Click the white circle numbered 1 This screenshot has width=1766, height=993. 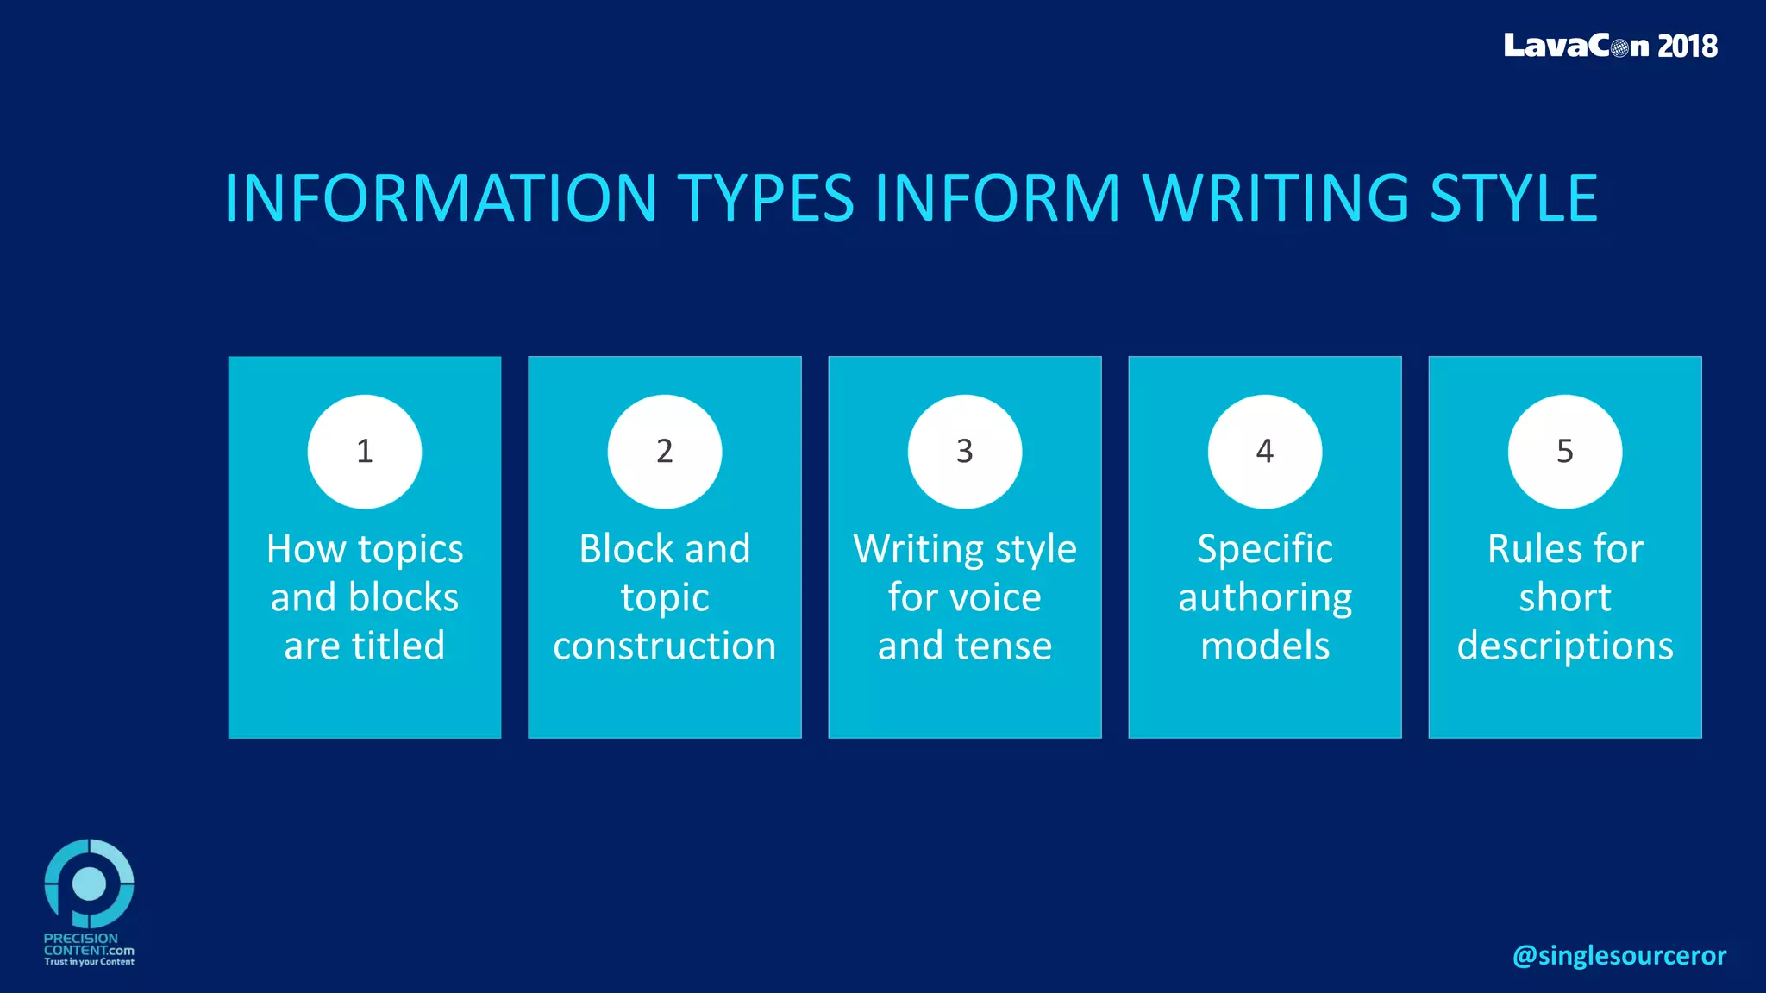click(365, 452)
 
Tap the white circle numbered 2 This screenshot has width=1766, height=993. click(665, 452)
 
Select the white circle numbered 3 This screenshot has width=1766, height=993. click(965, 452)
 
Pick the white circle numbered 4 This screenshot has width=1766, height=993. click(1265, 452)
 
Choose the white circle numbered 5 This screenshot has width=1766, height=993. click(1565, 452)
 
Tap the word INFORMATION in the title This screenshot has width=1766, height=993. click(441, 198)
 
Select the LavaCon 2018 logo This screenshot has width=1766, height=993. click(1610, 46)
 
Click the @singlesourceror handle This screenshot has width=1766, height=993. click(1619, 955)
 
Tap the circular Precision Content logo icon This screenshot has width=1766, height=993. click(89, 883)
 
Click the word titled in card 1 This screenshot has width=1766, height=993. click(398, 646)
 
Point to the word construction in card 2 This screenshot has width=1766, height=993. click(665, 646)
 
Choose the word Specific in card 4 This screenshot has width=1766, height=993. click(1265, 550)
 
